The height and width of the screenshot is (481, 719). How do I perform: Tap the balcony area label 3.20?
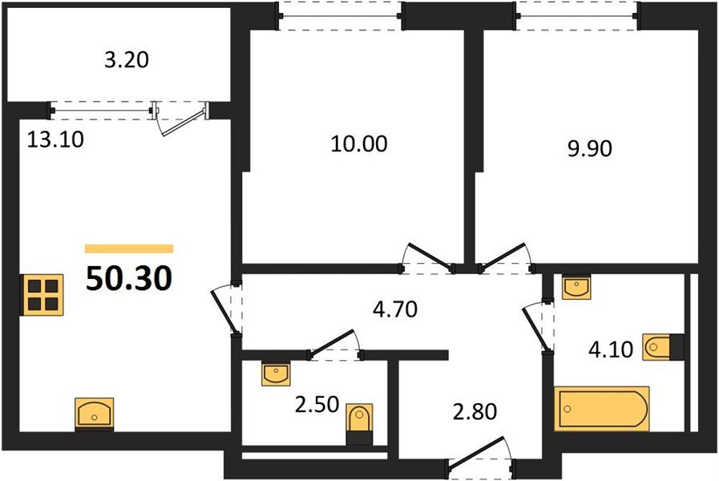coord(127,59)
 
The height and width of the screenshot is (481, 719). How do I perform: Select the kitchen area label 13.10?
coord(55,139)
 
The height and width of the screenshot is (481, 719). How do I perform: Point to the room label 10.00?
coord(358,144)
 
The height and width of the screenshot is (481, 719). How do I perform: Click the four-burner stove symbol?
coord(42,295)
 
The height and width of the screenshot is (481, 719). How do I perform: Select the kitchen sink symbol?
coord(95,413)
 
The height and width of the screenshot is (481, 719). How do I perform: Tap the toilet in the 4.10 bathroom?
coord(663,346)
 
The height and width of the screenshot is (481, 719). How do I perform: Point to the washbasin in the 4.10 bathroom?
coord(577,287)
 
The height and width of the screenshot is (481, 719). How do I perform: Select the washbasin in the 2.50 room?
coord(277,373)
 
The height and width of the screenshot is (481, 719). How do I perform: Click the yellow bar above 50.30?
coord(129,249)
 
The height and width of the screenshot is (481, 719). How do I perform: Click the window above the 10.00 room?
coord(340,14)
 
